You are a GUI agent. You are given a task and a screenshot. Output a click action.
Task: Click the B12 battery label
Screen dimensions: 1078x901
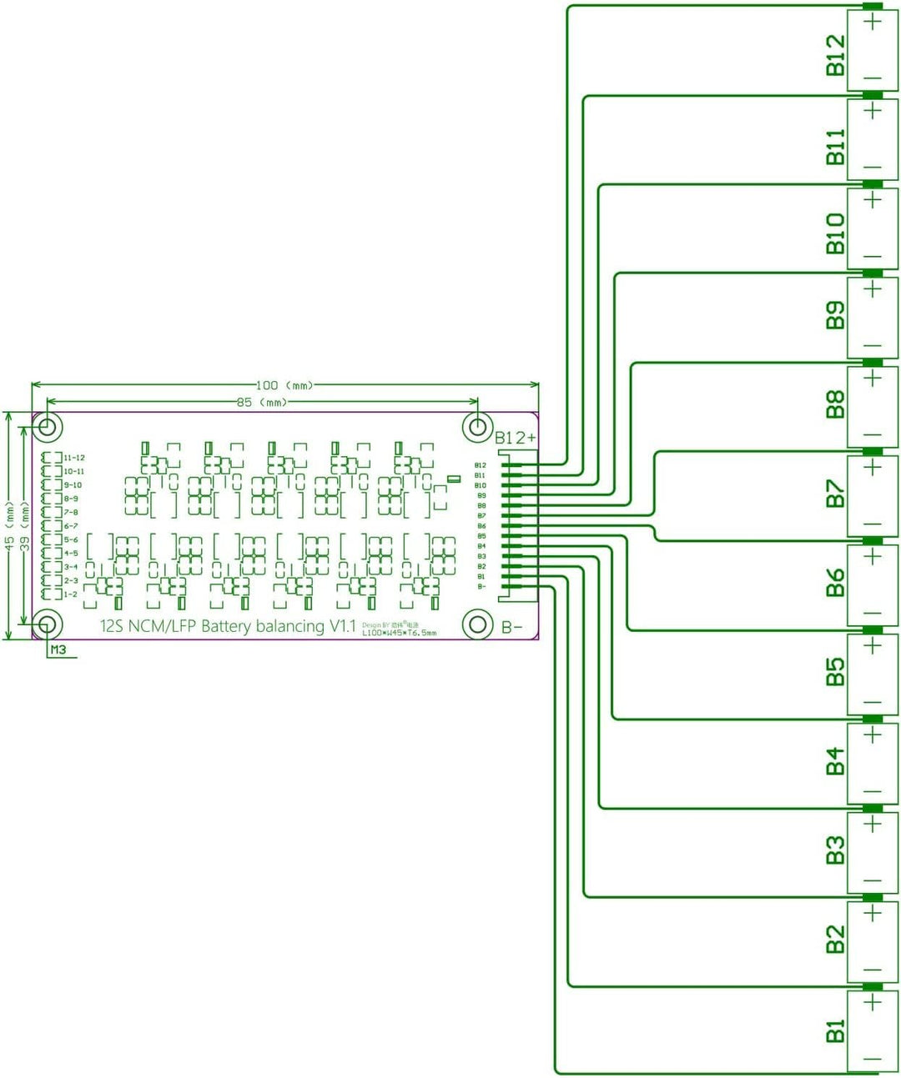coord(835,55)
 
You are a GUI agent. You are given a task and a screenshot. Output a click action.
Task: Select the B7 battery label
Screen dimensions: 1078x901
coord(835,494)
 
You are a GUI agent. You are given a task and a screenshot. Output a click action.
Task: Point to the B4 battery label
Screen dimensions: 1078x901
coord(835,761)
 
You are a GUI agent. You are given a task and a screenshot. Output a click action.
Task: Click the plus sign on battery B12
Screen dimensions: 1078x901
coord(873,21)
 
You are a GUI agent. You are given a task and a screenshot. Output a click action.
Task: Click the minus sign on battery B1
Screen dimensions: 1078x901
coord(873,1060)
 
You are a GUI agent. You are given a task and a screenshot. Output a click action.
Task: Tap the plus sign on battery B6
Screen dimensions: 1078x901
coord(873,557)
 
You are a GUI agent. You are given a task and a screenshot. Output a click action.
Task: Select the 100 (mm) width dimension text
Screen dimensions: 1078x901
coord(284,385)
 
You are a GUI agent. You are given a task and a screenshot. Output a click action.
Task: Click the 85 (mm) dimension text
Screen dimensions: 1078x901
coord(261,402)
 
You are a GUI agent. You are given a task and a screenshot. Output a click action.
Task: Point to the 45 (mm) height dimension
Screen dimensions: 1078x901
coord(9,524)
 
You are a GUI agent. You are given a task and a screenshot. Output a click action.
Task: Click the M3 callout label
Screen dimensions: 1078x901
coord(58,649)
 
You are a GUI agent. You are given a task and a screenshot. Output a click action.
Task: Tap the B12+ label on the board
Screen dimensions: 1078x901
coord(516,438)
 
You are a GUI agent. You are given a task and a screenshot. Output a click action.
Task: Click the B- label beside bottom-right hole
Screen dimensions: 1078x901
coord(512,627)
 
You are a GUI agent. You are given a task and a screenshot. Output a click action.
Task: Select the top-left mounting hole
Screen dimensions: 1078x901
coord(48,428)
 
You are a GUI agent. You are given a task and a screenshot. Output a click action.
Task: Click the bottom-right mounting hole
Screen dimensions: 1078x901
coord(478,624)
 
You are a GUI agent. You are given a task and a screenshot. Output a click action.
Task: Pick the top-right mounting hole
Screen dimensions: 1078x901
coord(477,428)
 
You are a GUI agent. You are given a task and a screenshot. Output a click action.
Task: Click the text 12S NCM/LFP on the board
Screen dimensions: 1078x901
coord(148,626)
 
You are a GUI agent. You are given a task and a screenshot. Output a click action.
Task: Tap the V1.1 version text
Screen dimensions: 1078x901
coord(342,626)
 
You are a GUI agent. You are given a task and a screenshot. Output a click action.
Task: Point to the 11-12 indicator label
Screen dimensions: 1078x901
coord(74,458)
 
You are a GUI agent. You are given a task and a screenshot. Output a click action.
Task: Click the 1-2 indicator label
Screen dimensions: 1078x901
coord(71,594)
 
